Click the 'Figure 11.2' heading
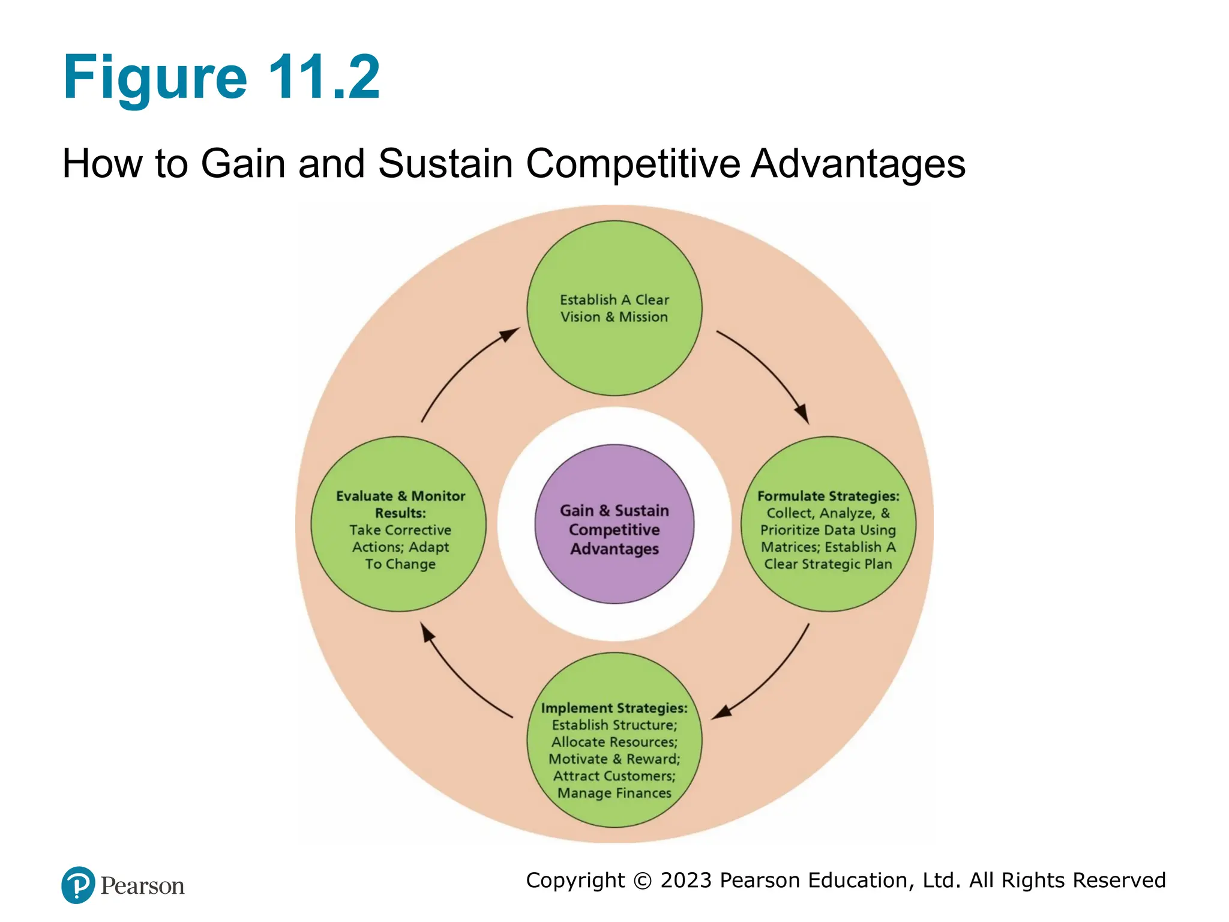221,77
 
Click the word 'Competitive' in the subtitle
633,163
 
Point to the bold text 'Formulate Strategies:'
828,496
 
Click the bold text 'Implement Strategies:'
614,708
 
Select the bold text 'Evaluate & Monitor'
400,496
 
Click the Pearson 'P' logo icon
78,885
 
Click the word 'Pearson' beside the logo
142,886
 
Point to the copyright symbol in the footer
643,881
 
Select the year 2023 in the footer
686,880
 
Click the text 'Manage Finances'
614,793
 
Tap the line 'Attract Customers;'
614,776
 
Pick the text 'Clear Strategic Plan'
828,564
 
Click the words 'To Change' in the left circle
400,564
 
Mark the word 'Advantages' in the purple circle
614,549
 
